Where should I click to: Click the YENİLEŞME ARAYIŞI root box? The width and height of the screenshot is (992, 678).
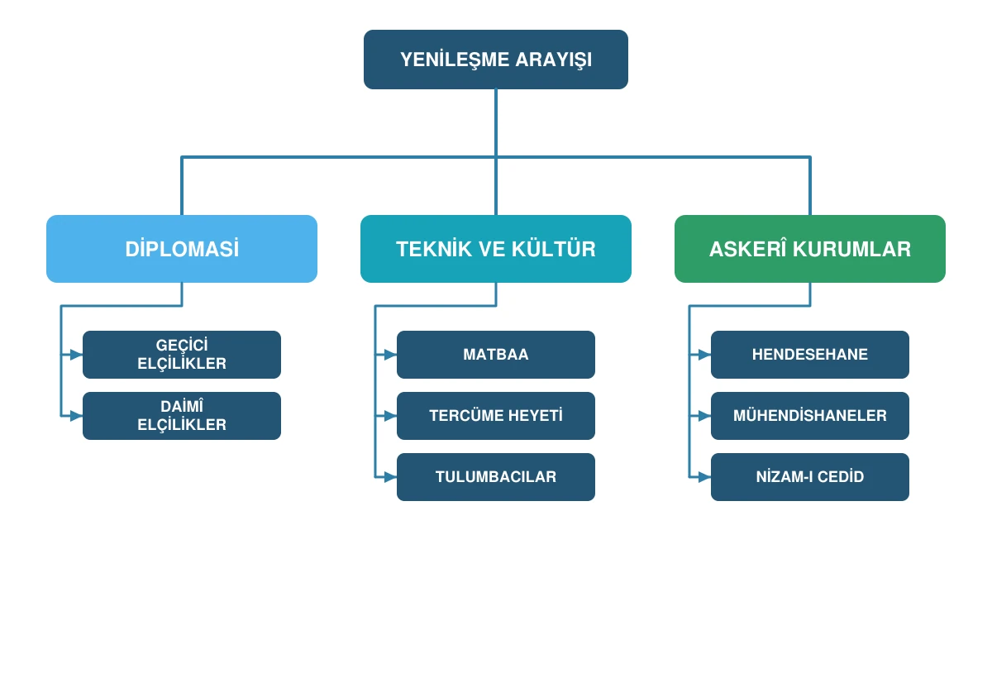point(495,60)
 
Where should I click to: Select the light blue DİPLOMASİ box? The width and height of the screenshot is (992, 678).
point(182,249)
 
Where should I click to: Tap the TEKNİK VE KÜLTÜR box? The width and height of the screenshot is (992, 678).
point(495,249)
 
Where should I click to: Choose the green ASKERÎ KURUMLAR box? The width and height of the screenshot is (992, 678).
point(810,249)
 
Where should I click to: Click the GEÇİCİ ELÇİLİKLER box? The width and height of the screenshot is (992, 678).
point(182,354)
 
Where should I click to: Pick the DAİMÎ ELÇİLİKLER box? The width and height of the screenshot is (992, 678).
point(182,415)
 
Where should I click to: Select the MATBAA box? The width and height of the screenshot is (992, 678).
point(495,354)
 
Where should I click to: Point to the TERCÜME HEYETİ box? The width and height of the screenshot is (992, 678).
point(495,415)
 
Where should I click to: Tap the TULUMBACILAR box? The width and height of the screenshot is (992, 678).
point(495,477)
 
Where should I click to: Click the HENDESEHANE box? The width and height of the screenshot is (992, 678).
point(810,354)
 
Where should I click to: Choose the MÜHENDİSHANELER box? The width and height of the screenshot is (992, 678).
point(810,415)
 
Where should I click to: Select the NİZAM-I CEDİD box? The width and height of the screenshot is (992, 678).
point(810,477)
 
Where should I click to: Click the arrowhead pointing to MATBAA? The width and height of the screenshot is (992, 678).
point(390,355)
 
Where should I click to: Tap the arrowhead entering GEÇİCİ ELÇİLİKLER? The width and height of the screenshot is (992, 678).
point(77,355)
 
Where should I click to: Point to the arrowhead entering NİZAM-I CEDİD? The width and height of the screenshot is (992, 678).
point(704,477)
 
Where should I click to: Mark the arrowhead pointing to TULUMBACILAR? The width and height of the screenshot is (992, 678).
point(390,477)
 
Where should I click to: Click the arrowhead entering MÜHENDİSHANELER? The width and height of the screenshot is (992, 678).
point(704,416)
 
